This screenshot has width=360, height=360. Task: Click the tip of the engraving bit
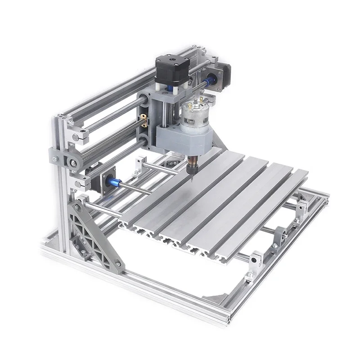pos(191,180)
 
